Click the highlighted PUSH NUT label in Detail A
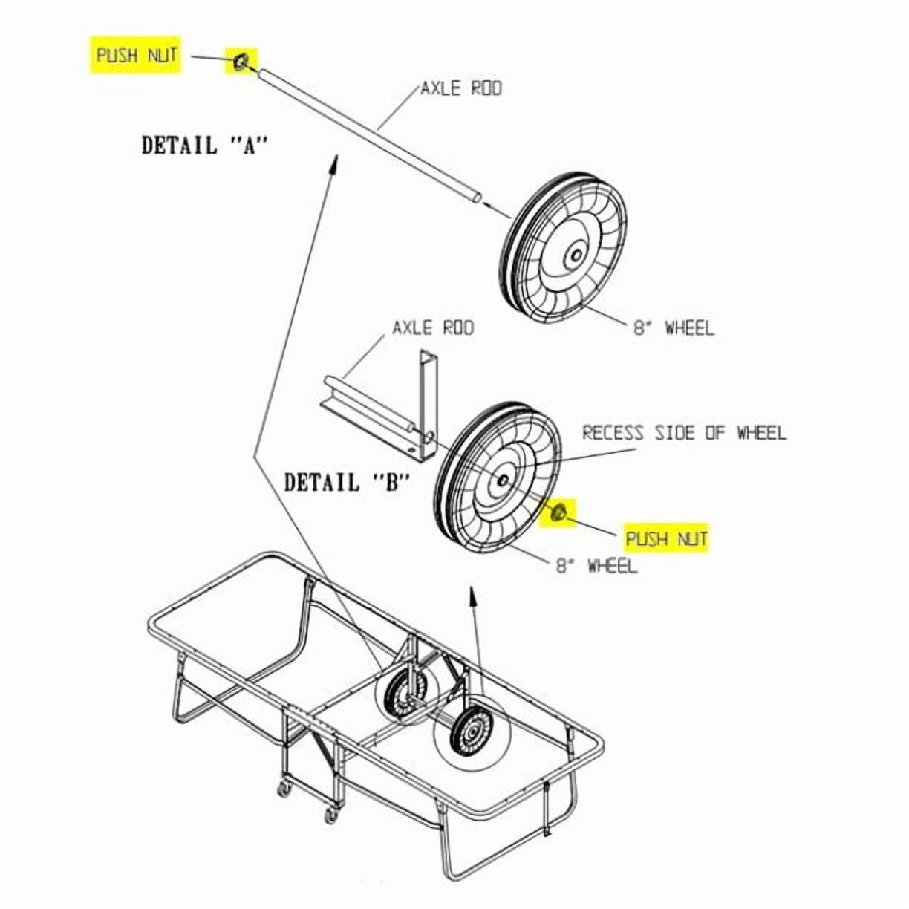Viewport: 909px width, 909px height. point(137,55)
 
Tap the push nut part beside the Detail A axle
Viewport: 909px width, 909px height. point(241,61)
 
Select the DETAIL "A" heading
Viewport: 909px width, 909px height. point(204,145)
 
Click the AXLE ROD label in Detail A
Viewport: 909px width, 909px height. point(461,88)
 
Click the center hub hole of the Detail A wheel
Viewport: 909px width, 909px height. point(576,255)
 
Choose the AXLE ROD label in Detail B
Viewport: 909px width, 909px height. point(433,328)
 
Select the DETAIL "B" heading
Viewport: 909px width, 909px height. point(346,483)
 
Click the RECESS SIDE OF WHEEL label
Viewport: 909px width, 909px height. point(685,432)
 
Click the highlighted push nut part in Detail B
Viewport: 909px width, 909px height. point(559,512)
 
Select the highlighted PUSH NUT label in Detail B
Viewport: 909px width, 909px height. point(666,538)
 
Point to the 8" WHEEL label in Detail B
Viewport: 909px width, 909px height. point(597,564)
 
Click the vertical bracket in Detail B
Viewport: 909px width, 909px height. point(429,403)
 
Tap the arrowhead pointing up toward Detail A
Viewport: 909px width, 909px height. point(334,163)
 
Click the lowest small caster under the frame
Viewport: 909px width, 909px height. point(331,813)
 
